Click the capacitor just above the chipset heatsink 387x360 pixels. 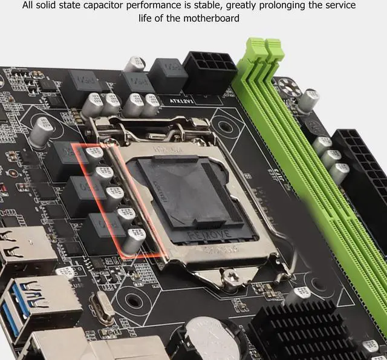pyautogui.click(x=297, y=295)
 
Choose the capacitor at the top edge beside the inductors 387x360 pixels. pyautogui.click(x=135, y=64)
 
